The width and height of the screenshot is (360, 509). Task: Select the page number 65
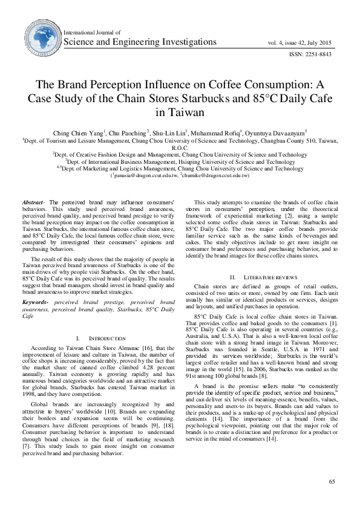[332, 481]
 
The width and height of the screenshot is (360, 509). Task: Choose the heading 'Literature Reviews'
[265, 277]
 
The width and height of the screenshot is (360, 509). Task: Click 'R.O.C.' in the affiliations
[180, 147]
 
